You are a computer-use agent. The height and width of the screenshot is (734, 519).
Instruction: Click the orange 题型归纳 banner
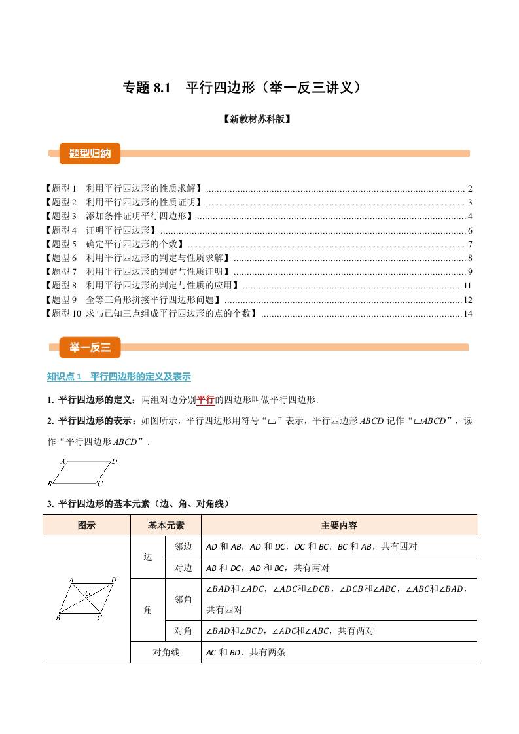pos(90,154)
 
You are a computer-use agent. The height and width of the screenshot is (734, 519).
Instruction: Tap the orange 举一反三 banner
pos(90,347)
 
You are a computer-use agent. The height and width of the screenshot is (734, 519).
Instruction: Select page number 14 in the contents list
pos(467,314)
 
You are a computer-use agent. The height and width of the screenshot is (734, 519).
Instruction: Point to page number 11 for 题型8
pos(467,286)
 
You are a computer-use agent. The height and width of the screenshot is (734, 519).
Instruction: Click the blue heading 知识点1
pos(118,377)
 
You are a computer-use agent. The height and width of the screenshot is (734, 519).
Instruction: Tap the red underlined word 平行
pos(206,400)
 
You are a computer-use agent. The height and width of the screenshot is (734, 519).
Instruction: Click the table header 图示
pos(86,525)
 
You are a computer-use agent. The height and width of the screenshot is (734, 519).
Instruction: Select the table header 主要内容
pos(338,525)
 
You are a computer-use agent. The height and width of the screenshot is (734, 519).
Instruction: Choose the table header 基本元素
pos(166,525)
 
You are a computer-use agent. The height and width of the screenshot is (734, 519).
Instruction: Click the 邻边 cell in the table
pos(183,546)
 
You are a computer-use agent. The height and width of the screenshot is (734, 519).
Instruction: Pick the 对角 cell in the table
pos(183,631)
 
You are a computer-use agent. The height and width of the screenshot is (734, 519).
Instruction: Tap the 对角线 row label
pos(166,652)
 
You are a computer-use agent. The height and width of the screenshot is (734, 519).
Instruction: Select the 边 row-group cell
pos(148,557)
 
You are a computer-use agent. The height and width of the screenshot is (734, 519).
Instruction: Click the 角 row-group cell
pos(148,610)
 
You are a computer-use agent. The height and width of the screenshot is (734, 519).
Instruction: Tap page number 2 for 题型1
pos(470,188)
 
